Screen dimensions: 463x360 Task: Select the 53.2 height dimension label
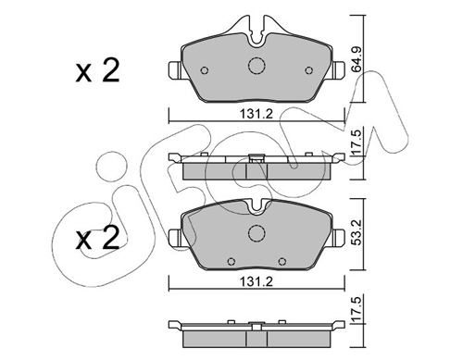pyautogui.click(x=357, y=232)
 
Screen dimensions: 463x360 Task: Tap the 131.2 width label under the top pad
pyautogui.click(x=257, y=114)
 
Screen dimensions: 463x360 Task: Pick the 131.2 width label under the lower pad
pyautogui.click(x=257, y=281)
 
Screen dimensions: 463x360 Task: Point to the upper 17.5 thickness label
pyautogui.click(x=357, y=143)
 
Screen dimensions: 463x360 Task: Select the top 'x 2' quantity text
pyautogui.click(x=97, y=71)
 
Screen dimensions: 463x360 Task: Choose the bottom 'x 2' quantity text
pyautogui.click(x=97, y=238)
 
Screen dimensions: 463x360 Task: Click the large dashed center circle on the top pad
pyautogui.click(x=257, y=66)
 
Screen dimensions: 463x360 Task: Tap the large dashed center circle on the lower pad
pyautogui.click(x=257, y=233)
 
